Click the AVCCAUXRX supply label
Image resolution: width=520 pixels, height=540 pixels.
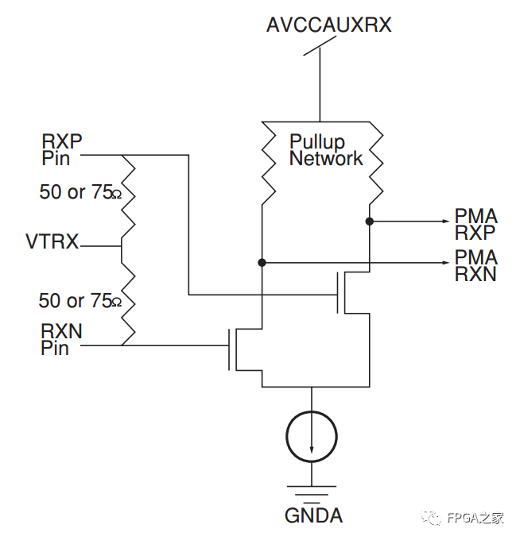coord(328,25)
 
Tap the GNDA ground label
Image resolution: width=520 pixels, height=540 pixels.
coord(313,515)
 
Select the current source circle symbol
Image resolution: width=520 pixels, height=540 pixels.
coord(312,437)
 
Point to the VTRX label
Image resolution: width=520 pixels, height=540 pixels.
coord(52,242)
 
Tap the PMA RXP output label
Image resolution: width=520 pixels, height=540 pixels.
coord(475,224)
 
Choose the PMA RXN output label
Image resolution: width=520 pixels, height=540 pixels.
coord(475,265)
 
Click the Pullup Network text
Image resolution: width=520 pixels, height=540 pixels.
coord(325,150)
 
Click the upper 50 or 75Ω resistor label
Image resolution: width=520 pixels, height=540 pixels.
coord(80,192)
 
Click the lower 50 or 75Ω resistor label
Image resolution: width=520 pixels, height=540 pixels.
coord(80,301)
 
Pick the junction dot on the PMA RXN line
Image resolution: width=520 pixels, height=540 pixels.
coord(262,261)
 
